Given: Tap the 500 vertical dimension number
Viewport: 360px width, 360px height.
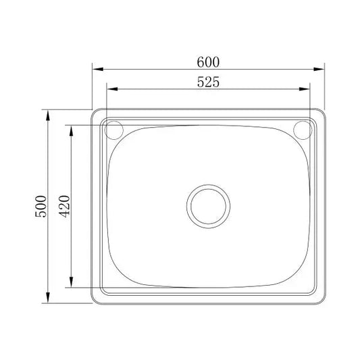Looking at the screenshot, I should [41, 205].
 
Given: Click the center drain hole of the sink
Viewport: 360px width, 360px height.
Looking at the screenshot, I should [208, 205].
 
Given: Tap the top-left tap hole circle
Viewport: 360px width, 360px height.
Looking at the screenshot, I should [114, 128].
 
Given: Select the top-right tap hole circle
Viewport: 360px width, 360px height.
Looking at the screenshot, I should [302, 128].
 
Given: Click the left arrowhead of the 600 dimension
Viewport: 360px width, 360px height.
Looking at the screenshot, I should [96, 69].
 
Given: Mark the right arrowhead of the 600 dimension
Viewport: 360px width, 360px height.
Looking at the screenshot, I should [322, 69].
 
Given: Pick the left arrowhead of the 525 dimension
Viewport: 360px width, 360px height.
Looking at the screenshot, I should [109, 89].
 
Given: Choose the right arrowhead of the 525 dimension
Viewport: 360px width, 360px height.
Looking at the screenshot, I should [307, 89].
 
